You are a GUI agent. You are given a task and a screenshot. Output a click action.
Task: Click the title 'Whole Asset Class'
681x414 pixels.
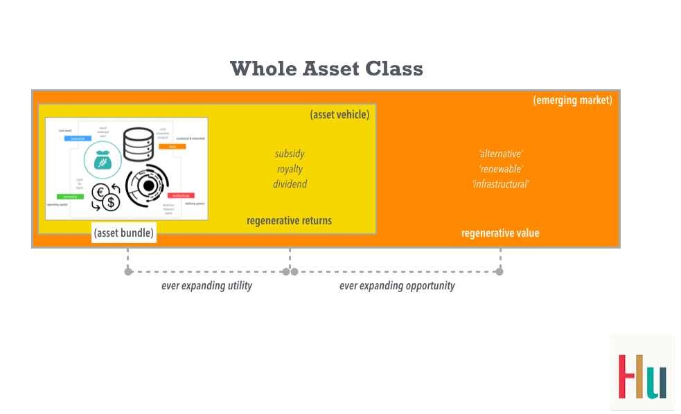[326, 69]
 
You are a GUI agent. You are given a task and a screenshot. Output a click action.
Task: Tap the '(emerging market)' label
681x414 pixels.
[572, 100]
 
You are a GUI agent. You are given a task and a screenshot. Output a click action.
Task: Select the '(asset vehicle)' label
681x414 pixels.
[339, 115]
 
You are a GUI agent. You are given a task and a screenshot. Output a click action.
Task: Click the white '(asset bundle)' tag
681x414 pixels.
[124, 233]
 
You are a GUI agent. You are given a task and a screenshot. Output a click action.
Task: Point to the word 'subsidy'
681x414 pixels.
[290, 154]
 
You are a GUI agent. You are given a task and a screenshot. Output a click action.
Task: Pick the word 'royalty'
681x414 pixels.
[290, 169]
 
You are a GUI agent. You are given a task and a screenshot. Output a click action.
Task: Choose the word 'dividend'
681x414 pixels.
[290, 184]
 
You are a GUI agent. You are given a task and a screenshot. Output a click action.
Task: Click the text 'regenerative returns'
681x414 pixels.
[289, 221]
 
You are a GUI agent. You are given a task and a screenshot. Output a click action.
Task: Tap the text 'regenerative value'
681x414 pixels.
[500, 233]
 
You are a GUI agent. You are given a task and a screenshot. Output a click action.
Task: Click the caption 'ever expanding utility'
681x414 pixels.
[206, 286]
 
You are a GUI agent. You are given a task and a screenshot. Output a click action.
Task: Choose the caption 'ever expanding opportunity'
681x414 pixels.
[397, 286]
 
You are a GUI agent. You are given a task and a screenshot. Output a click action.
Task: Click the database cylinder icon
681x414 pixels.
[138, 145]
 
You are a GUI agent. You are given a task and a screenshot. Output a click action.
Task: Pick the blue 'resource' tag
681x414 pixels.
[78, 138]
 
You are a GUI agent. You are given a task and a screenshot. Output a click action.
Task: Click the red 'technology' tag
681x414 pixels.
[181, 196]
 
